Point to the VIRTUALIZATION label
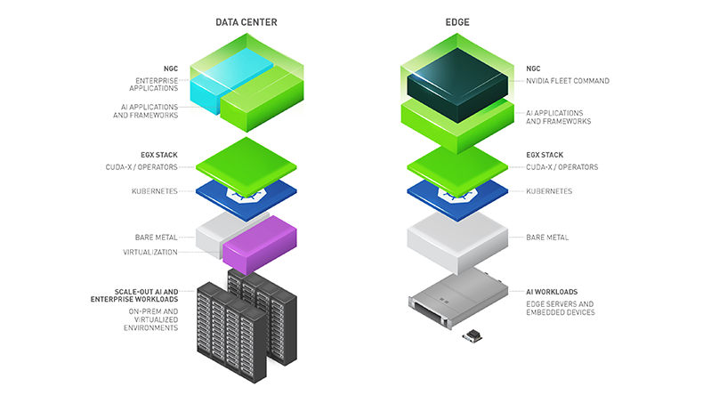click(150, 252)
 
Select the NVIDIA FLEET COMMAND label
click(568, 81)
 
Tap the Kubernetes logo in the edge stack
click(457, 194)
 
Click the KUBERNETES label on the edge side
click(549, 191)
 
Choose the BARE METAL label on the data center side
click(156, 238)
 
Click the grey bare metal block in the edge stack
click(457, 237)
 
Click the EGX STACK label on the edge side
click(545, 155)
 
